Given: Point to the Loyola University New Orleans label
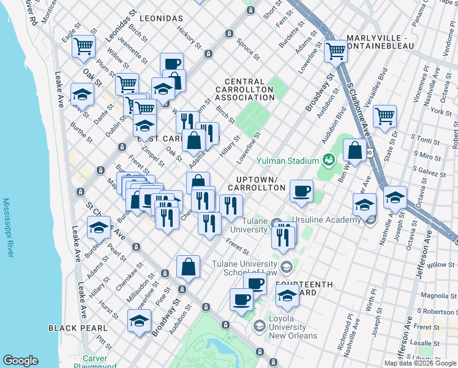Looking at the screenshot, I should pyautogui.click(x=293, y=327).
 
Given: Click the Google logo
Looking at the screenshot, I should pyautogui.click(x=20, y=361).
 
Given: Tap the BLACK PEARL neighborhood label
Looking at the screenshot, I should pyautogui.click(x=78, y=328).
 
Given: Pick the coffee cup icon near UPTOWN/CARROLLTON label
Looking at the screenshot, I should pyautogui.click(x=301, y=190).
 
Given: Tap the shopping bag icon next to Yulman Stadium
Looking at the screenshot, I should pyautogui.click(x=355, y=150).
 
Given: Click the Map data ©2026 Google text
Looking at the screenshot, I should pyautogui.click(x=419, y=363).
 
